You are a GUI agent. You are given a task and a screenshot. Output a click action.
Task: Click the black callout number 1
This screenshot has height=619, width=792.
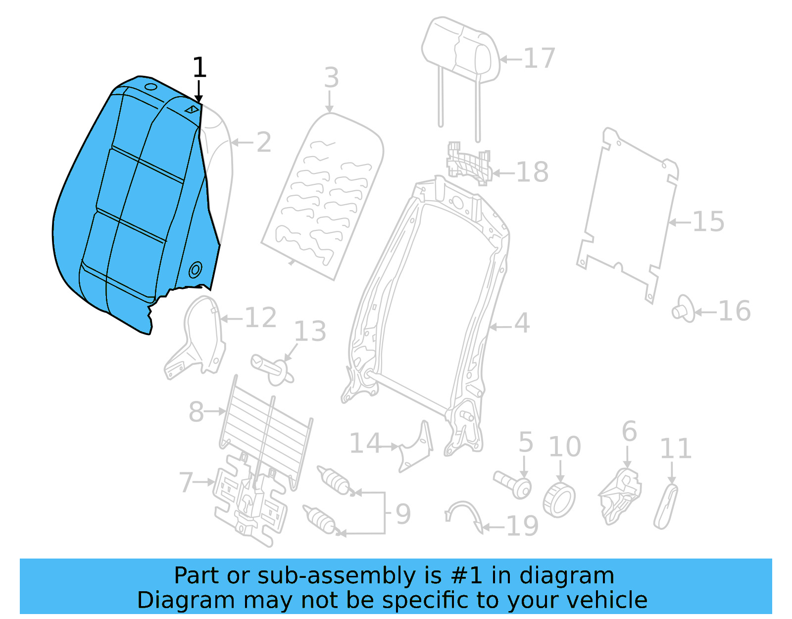tap(199, 68)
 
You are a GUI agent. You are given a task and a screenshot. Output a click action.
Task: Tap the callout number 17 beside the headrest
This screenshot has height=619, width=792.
tap(539, 58)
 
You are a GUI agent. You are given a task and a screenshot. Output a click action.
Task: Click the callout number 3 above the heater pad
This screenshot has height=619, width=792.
tap(331, 78)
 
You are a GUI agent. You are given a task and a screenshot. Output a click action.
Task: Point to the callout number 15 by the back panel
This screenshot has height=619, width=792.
tap(708, 222)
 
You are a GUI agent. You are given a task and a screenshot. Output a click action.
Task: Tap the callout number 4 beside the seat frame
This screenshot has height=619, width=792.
tap(522, 323)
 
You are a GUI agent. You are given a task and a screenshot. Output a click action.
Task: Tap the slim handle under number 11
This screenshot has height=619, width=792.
tap(666, 506)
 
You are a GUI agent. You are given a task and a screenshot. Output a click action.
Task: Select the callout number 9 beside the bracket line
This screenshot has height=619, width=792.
tap(403, 514)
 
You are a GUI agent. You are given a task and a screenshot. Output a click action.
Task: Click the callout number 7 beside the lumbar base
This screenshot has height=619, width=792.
tap(186, 482)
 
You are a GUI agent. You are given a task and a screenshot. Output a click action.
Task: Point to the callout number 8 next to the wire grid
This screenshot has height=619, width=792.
tap(196, 411)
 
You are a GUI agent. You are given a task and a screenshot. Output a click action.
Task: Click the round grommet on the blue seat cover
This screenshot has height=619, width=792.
tap(196, 270)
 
